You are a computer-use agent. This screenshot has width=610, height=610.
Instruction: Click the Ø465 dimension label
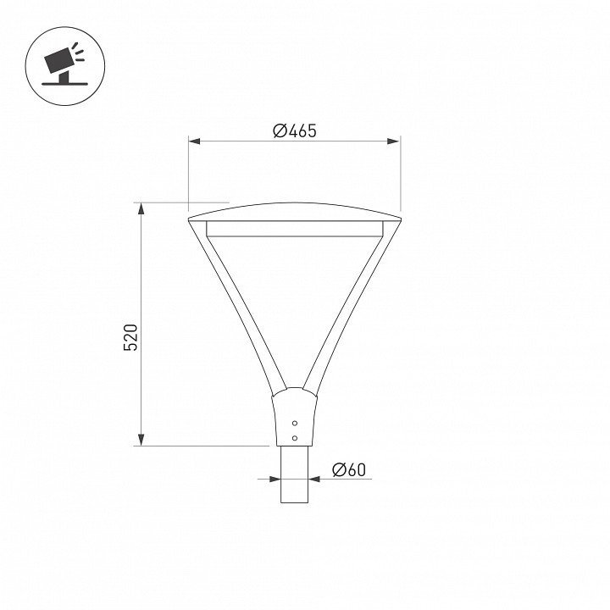295,130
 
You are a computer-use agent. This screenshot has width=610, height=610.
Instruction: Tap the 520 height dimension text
130,337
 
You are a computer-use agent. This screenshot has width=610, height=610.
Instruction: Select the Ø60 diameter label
349,469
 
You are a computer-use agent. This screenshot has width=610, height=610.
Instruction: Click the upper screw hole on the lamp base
295,423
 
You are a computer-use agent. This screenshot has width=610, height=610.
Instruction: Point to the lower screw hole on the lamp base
295,438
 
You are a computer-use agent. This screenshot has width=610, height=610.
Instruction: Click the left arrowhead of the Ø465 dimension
194,141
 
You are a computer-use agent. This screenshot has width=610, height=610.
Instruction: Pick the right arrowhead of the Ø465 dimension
394,141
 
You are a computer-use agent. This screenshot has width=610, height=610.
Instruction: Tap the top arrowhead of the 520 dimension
141,208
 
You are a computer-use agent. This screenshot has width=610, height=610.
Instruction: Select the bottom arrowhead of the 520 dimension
141,440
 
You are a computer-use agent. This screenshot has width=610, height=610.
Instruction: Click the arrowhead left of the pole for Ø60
275,479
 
